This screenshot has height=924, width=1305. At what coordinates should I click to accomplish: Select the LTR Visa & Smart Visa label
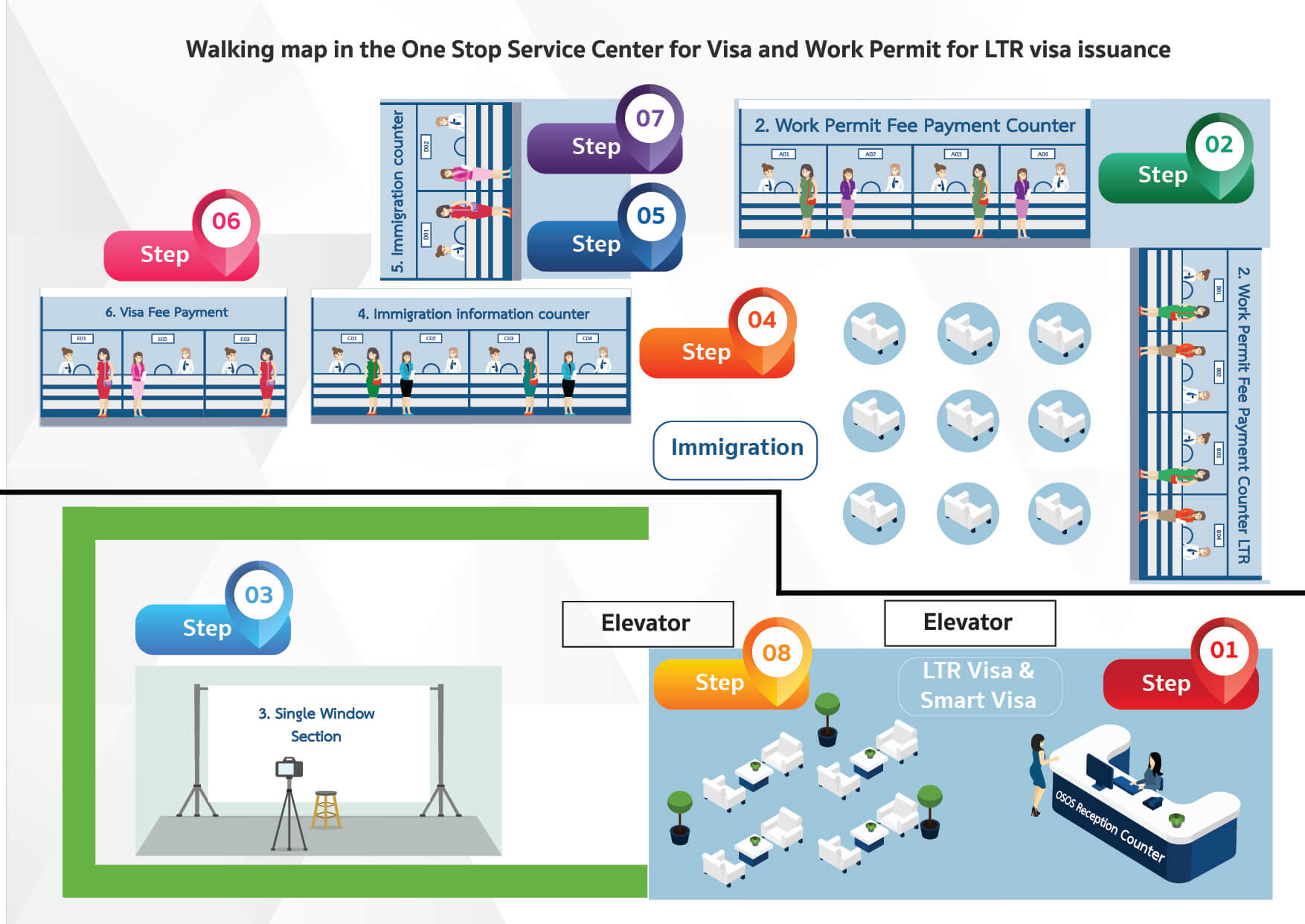point(979,686)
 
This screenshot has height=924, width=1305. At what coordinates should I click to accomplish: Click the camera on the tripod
point(289,767)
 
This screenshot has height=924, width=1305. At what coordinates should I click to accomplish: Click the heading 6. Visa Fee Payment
point(167,313)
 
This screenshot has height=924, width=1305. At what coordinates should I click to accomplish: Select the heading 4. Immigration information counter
point(473,314)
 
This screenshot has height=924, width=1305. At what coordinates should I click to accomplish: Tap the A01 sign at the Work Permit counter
point(783,154)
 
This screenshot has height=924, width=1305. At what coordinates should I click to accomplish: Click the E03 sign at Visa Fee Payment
point(245,339)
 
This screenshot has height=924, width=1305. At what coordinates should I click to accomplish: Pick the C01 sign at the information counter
point(352,338)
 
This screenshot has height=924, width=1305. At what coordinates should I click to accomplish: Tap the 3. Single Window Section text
point(317,724)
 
